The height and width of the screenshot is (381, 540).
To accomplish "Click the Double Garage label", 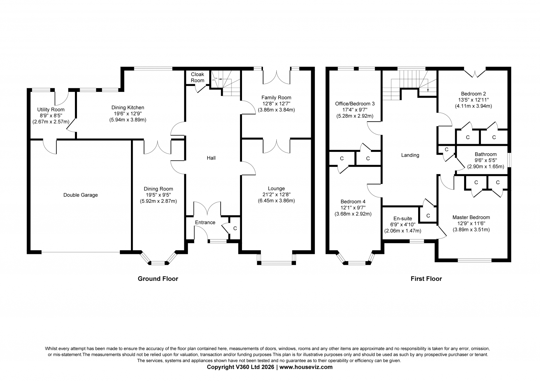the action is click(81, 195).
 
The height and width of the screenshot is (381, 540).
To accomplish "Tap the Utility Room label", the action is click(51, 109).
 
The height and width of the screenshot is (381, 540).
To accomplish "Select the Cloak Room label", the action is click(197, 77).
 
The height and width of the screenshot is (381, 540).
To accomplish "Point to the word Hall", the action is click(211, 158).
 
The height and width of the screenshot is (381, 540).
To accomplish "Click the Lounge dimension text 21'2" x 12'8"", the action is click(276, 194).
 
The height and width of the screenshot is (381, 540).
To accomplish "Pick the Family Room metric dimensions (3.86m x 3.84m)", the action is click(276, 110).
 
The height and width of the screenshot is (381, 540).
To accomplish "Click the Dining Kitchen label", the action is click(128, 107).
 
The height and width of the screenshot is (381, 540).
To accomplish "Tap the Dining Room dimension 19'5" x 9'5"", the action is click(158, 195).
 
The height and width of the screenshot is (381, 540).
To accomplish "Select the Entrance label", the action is click(205, 222).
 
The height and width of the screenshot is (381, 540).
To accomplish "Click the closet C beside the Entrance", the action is click(235, 228).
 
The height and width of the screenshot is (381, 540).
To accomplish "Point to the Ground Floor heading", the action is click(158, 279).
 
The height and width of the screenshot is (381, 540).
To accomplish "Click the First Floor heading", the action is click(426, 279).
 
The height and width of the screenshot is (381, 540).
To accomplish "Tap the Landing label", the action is click(410, 155).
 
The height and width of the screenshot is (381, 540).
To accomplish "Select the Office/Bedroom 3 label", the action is click(355, 104).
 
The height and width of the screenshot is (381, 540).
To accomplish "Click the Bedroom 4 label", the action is click(353, 202).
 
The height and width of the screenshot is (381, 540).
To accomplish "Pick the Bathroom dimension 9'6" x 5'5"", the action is click(486, 160).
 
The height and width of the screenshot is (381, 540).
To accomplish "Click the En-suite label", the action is click(403, 219).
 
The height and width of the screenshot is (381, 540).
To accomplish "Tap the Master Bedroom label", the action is click(471, 217).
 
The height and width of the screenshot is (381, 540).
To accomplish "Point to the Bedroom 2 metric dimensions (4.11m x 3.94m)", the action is click(474, 106).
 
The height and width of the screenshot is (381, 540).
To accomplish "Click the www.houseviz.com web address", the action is click(306, 367).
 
